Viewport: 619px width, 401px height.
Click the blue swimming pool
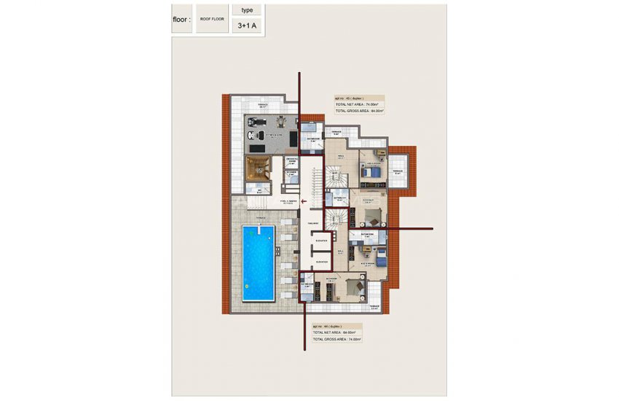pyautogui.click(x=258, y=262)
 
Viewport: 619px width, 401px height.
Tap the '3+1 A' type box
pyautogui.click(x=247, y=26)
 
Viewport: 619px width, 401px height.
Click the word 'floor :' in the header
pyautogui.click(x=182, y=20)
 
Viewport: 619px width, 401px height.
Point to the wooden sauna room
pyautogui.click(x=257, y=167)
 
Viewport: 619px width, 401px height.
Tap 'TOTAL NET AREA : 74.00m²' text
pyautogui.click(x=358, y=105)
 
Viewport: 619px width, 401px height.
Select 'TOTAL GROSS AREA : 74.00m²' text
pyautogui.click(x=337, y=339)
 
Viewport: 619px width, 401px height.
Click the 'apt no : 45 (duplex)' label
pyautogui.click(x=349, y=98)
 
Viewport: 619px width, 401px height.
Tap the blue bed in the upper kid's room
pyautogui.click(x=371, y=172)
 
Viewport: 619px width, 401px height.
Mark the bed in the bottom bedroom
pyautogui.click(x=352, y=289)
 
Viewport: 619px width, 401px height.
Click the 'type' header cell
pyautogui.click(x=247, y=10)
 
